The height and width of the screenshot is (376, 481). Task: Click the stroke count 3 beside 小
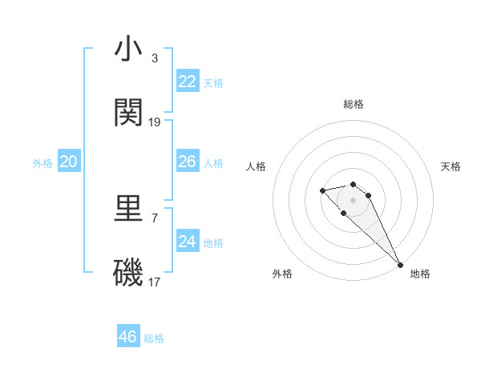coord(155,58)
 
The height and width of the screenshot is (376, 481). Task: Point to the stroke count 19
coord(155,122)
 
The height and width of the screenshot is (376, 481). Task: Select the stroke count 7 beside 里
coord(155,218)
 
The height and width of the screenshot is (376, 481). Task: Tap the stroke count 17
coord(155,282)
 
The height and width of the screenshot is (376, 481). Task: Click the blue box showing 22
coord(188,82)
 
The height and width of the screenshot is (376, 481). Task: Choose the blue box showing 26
coord(188,162)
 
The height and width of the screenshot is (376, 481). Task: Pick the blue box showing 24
coord(188,242)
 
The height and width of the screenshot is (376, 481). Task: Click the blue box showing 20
coord(69,162)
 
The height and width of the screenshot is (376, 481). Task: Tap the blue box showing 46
coord(128,337)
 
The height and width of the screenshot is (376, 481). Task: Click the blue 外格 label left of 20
coord(42,163)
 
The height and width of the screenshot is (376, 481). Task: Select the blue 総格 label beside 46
coord(154,338)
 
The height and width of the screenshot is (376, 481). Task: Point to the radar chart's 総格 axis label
coord(354,104)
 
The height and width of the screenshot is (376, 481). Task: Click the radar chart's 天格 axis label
coord(451,166)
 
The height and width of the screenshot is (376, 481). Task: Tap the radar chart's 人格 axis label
coord(257,166)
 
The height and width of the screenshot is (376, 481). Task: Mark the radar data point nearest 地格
coord(399,265)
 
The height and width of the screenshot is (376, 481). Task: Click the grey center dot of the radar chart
coord(353,200)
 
